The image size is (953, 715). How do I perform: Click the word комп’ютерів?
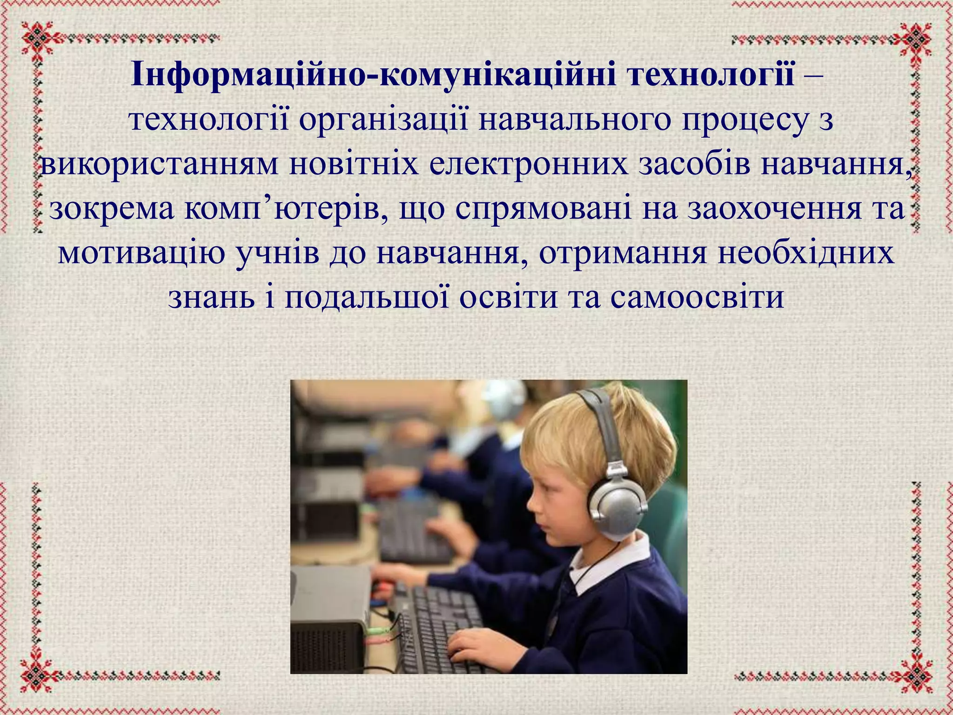(286, 209)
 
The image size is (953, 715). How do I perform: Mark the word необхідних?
(805, 253)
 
